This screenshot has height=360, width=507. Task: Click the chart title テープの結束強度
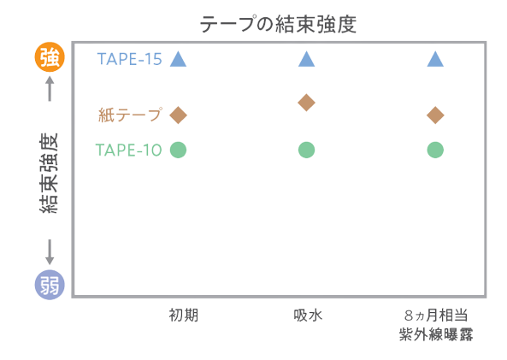tap(278, 24)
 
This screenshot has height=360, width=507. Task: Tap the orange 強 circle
tap(50, 57)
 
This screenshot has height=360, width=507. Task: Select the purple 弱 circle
tap(50, 285)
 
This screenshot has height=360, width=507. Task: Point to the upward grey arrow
tap(50, 88)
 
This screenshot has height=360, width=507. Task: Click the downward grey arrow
tap(50, 252)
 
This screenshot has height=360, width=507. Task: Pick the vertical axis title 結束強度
tap(49, 173)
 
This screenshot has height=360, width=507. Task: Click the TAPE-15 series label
tap(129, 59)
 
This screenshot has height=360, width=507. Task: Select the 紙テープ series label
tap(130, 115)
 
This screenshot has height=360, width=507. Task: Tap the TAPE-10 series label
tap(129, 150)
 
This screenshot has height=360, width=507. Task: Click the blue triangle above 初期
tap(178, 60)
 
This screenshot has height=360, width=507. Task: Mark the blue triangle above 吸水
tap(307, 60)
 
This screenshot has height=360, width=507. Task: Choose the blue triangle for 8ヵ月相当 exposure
tap(435, 60)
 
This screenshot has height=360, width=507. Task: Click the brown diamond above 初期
tap(178, 115)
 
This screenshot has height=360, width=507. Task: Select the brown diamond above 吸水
tap(307, 103)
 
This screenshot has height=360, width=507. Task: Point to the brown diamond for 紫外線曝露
tap(435, 115)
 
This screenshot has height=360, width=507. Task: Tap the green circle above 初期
tap(178, 150)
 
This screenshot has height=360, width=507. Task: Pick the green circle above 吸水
tap(307, 150)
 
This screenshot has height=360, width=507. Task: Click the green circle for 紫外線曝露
tap(435, 150)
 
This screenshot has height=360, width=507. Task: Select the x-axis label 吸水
tap(308, 316)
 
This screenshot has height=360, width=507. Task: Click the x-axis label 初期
tap(183, 316)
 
